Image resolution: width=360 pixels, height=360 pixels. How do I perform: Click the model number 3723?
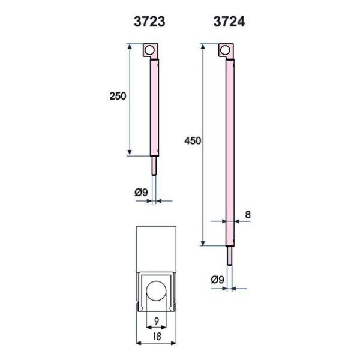[x=149, y=22]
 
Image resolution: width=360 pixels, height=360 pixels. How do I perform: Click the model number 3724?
[x=229, y=22]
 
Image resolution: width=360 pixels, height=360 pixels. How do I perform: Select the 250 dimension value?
[x=118, y=96]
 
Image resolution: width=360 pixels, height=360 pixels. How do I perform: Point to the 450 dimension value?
[x=193, y=141]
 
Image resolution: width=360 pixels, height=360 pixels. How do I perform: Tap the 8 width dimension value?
[x=248, y=215]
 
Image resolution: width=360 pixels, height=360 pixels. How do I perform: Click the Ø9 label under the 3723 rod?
[x=141, y=193]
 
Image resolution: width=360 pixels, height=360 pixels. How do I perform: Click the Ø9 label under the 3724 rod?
[x=217, y=280]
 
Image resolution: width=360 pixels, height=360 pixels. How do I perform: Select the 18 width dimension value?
[x=157, y=337]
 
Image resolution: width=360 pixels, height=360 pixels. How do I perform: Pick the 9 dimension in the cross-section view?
[x=157, y=321]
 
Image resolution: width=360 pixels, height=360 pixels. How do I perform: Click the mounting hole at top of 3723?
[x=149, y=50]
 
